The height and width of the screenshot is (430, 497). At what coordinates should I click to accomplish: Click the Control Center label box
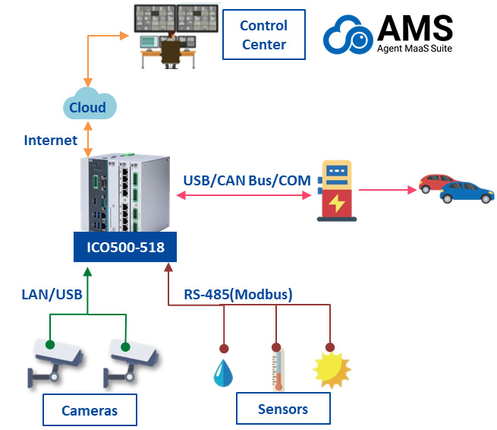[263, 35]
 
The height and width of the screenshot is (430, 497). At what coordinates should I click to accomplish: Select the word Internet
[51, 141]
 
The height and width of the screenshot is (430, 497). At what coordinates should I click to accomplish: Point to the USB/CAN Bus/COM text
[236, 182]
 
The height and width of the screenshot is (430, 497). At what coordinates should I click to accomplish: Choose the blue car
[465, 192]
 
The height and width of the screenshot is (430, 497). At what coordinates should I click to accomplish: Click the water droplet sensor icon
[223, 372]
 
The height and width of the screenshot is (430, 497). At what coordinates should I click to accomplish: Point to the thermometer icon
[277, 368]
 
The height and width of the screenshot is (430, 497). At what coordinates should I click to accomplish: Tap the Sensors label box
[283, 409]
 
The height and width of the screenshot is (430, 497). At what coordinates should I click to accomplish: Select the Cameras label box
[90, 411]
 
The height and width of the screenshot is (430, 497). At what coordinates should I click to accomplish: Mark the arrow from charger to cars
[387, 189]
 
